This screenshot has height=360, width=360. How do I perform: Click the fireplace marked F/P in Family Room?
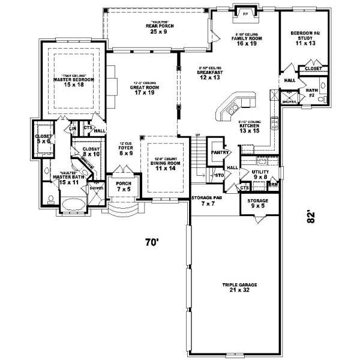pyautogui.click(x=245, y=14)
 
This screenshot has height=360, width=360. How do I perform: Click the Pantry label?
pyautogui.click(x=217, y=153)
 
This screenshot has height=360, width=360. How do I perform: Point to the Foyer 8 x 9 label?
pyautogui.click(x=126, y=149)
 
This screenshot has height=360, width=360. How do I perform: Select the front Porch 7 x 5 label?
pyautogui.click(x=124, y=186)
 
